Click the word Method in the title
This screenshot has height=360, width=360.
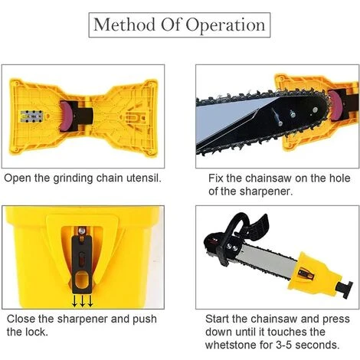pos(124,25)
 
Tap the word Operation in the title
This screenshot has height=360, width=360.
pos(225,25)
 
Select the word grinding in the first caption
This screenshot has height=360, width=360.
pos(73,178)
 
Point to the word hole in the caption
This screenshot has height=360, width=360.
pos(339,178)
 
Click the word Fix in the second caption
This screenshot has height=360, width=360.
pos(216,178)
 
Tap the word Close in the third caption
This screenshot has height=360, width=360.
pos(21,319)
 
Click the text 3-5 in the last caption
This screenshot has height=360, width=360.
pos(284,345)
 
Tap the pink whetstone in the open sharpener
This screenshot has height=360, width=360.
pos(66,116)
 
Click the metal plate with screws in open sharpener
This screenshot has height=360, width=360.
pos(31,116)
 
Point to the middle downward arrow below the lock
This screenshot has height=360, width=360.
pos(82,301)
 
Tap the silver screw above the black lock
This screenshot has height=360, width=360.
pos(82,231)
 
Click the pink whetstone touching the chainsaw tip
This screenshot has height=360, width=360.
pos(334,104)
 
